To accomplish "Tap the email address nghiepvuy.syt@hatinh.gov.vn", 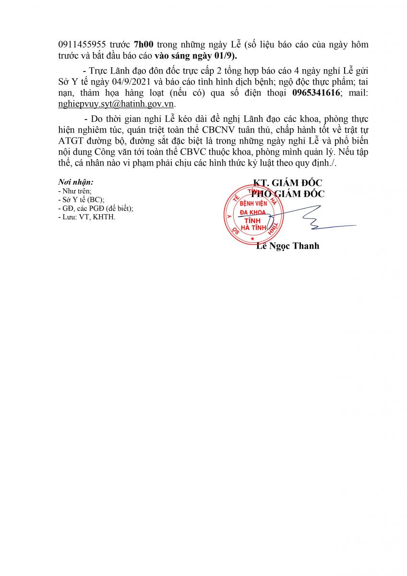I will (x=117, y=103).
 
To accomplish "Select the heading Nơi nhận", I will (x=75, y=182).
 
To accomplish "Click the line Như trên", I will (x=71, y=191).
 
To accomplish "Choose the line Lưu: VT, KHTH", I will (x=86, y=217).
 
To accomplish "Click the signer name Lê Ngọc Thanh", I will (x=287, y=246).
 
